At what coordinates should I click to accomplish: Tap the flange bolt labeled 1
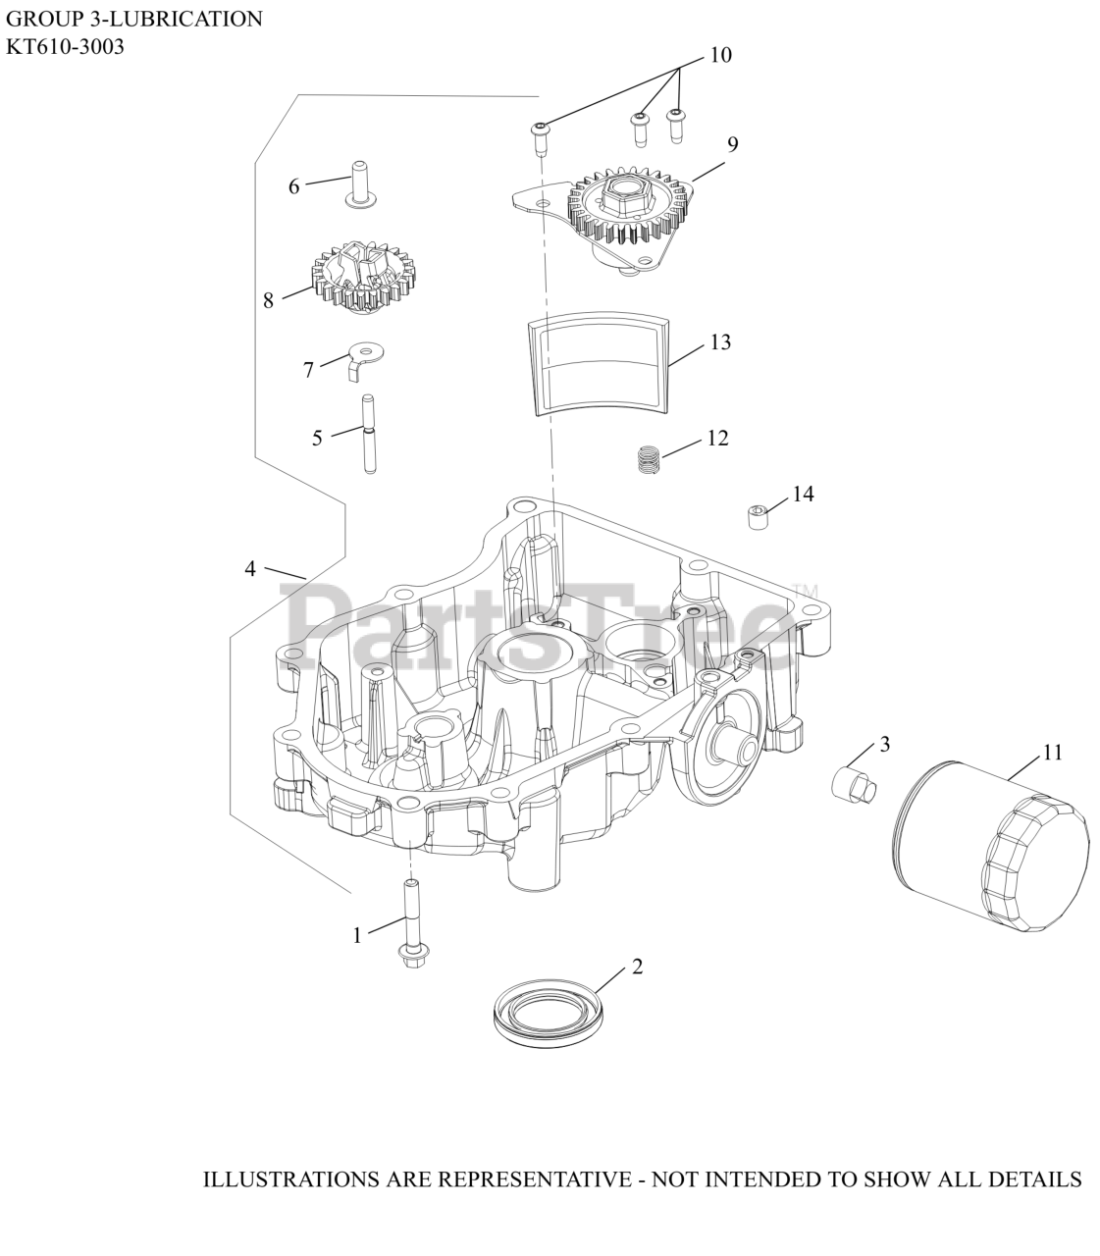[408, 922]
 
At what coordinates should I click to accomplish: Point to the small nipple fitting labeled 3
[853, 784]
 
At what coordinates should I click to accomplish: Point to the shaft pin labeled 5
[370, 434]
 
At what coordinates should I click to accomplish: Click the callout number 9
[732, 144]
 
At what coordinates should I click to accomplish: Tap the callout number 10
[720, 55]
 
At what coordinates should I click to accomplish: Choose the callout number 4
[250, 568]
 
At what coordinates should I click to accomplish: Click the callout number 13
[720, 342]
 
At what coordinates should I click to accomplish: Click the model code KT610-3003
[65, 46]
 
